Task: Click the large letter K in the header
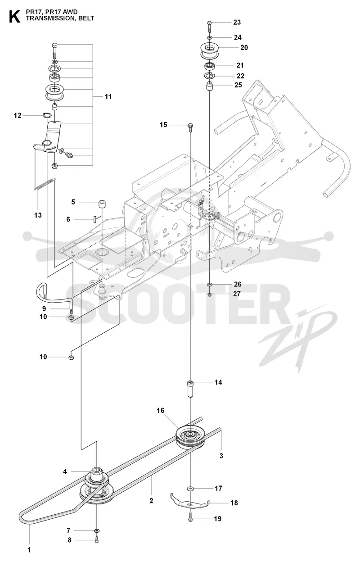(x=14, y=17)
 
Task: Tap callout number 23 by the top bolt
(x=237, y=23)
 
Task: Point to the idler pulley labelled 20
(x=210, y=51)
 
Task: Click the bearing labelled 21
(x=210, y=67)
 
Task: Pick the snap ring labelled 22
(x=210, y=76)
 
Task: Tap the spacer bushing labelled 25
(x=210, y=87)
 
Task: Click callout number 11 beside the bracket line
(x=108, y=96)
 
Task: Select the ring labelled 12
(x=46, y=115)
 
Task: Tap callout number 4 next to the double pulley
(x=65, y=471)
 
